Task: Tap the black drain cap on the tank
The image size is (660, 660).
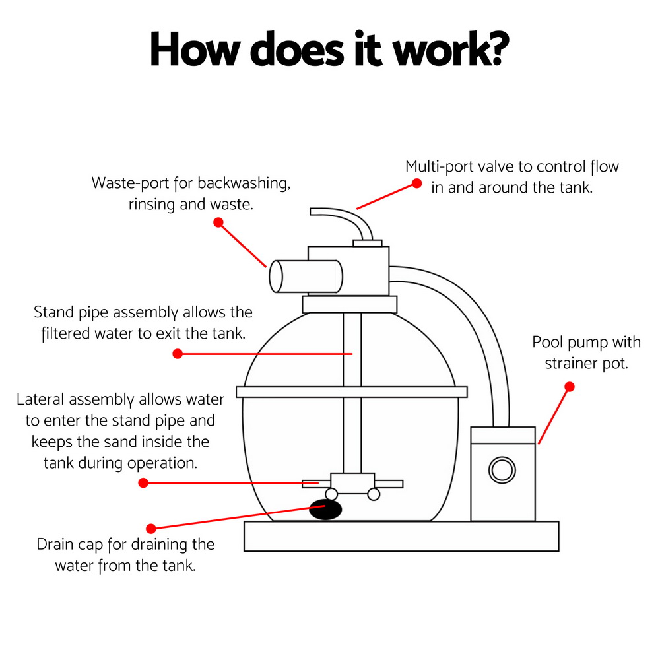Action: point(326,509)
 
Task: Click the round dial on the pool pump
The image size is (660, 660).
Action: point(502,470)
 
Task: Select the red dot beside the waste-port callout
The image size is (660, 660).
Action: point(218,222)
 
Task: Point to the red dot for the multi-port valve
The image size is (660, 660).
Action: point(416,183)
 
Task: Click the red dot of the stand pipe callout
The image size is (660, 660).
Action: point(177,354)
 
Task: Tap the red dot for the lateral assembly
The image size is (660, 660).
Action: point(143,483)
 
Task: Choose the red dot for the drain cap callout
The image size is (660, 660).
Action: point(151,529)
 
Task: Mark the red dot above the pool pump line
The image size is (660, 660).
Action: point(570,387)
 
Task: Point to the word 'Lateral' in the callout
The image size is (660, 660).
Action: point(41,399)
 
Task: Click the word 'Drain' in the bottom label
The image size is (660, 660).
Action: point(56,544)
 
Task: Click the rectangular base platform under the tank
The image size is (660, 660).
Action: point(401,536)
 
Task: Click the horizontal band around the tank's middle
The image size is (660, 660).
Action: point(351,391)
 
